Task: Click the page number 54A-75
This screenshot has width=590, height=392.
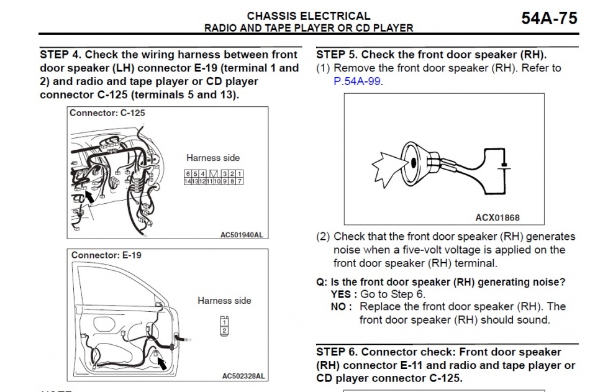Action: [550, 18]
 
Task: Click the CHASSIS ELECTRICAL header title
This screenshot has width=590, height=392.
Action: [309, 16]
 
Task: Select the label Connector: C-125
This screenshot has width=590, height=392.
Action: [107, 113]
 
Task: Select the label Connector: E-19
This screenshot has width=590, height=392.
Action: [106, 255]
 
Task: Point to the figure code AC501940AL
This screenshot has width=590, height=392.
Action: [242, 235]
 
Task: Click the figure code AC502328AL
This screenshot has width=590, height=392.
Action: [243, 376]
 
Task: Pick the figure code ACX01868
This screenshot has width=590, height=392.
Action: [497, 218]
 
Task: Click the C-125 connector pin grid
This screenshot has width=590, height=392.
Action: [213, 177]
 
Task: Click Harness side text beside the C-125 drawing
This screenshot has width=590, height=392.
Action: [213, 158]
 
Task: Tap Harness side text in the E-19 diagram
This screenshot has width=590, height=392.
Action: [224, 301]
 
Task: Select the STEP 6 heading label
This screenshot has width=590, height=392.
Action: [438, 352]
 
